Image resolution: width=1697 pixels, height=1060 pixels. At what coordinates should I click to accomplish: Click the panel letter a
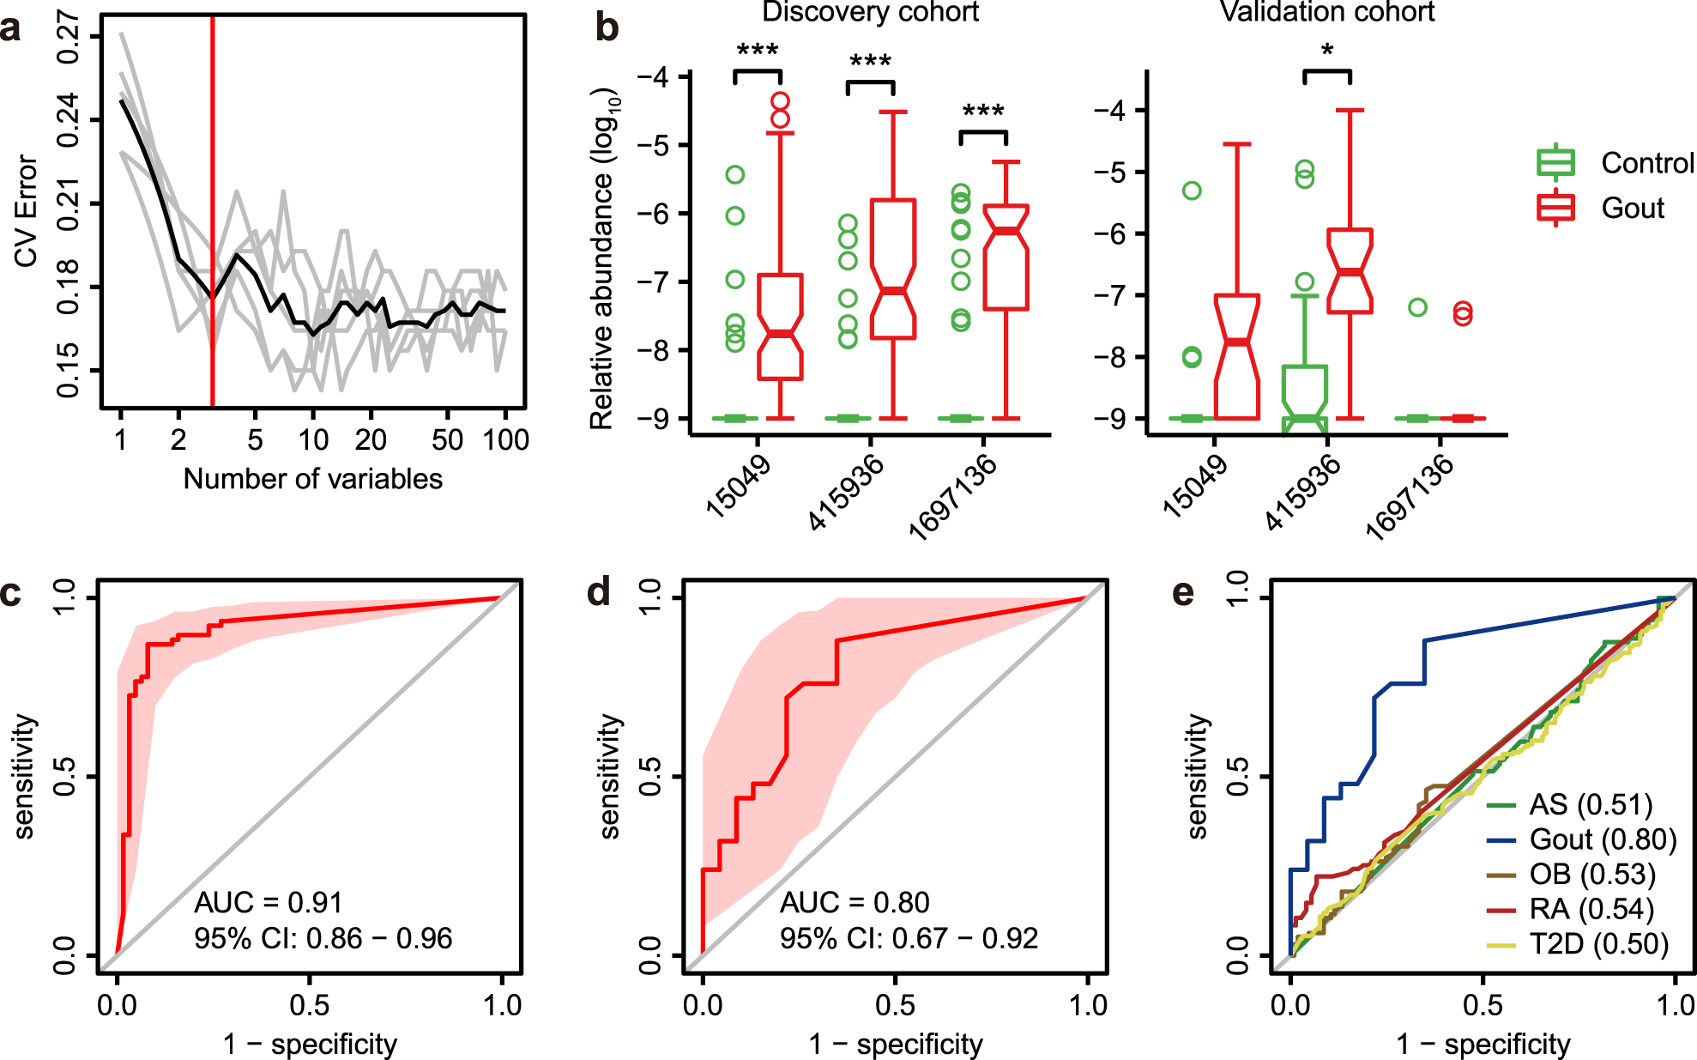click(11, 29)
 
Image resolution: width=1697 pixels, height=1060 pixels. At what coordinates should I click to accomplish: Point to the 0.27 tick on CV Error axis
click(68, 37)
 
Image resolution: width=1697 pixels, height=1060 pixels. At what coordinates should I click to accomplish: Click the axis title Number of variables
click(312, 479)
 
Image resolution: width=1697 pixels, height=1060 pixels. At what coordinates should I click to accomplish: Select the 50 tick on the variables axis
click(447, 440)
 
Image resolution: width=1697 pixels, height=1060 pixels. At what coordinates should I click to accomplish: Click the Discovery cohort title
click(870, 12)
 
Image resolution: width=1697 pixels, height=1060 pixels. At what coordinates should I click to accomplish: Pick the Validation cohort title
click(1326, 12)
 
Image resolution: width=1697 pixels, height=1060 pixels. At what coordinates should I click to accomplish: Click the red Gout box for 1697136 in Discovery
click(1006, 257)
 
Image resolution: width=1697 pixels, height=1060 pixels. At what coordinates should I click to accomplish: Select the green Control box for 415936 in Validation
click(1305, 395)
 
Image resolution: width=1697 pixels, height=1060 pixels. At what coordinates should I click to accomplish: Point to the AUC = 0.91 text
click(268, 902)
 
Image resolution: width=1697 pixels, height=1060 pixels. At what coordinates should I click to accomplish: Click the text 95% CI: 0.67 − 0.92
click(909, 938)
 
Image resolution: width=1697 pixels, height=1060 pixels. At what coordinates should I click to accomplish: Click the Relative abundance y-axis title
click(603, 257)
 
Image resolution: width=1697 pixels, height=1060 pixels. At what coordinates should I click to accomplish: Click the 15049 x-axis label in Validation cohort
click(1194, 486)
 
